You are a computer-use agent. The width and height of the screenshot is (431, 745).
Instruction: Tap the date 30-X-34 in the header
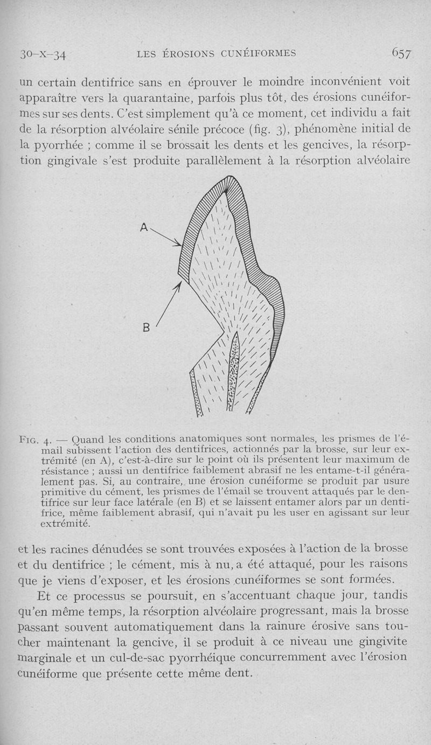[x=42, y=54]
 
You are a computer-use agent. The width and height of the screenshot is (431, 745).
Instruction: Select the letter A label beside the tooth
[x=144, y=228]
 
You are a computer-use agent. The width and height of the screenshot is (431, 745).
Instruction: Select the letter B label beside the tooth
[x=146, y=327]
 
